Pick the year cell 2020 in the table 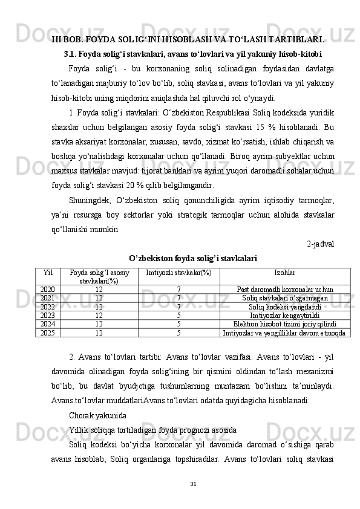(48, 290)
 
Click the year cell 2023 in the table (48, 315)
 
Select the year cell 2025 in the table (48, 332)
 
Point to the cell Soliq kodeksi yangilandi (284, 306)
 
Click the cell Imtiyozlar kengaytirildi (284, 315)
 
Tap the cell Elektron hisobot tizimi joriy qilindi (284, 323)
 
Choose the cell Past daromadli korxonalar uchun (284, 290)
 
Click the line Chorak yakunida (97, 416)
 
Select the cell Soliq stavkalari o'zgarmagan (284, 298)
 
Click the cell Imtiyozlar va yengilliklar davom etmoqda (284, 332)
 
